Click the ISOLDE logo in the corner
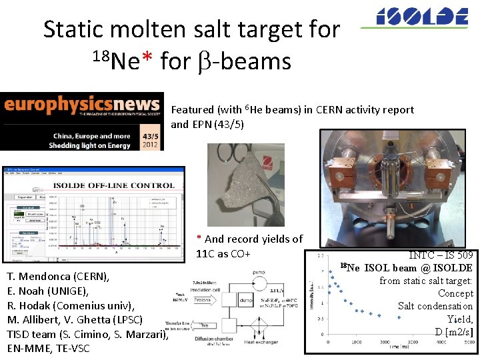(x=422, y=17)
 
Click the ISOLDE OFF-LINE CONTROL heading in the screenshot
(x=94, y=185)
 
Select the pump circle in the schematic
(x=241, y=273)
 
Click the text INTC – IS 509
(x=441, y=255)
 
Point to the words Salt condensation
(x=435, y=306)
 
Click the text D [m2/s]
(x=454, y=331)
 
